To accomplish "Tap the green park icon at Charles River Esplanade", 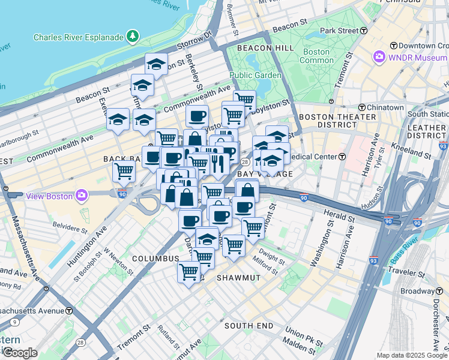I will pos(132,37).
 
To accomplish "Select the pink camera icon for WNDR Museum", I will pos(379,58).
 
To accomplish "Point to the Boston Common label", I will pos(316,56).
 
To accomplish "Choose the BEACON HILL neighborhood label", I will pos(265,47).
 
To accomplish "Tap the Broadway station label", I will pos(418,291).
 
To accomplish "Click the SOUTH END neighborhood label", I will pos(249,326).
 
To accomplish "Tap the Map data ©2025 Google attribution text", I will pos(411,355).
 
